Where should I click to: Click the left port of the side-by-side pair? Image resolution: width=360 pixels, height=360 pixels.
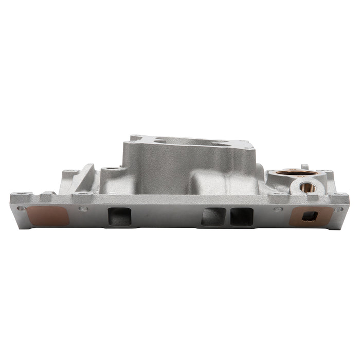pos(214,217)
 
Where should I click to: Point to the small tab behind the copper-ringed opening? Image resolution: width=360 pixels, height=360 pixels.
pos(304,167)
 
